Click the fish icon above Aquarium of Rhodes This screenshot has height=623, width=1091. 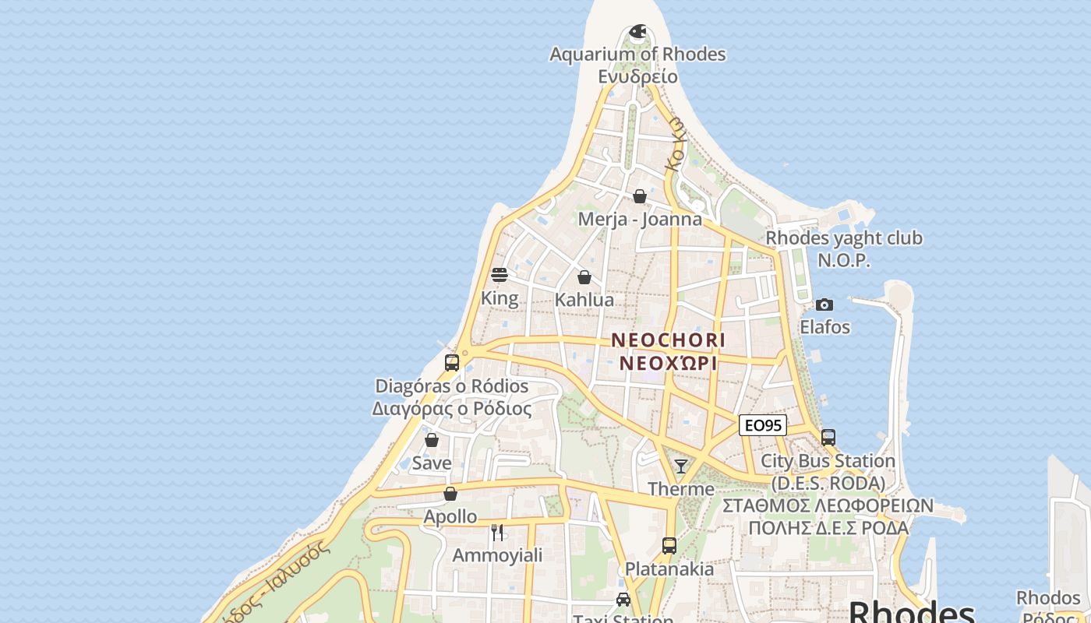(637, 32)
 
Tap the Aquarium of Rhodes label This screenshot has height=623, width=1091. (637, 55)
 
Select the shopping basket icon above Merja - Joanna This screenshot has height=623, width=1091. (640, 196)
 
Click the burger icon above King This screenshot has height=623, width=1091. (500, 275)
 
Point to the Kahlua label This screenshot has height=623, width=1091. (584, 300)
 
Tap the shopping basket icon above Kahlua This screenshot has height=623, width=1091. (584, 277)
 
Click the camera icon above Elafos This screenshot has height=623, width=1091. (824, 304)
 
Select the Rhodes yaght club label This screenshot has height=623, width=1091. (844, 238)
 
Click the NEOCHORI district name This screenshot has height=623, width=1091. (668, 340)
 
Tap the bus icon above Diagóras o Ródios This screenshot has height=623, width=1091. (452, 363)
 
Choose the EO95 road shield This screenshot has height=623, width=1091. (763, 425)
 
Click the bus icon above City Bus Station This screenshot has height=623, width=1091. (828, 438)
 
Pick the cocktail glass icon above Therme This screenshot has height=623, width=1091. (681, 466)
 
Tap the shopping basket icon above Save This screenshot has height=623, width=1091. (432, 440)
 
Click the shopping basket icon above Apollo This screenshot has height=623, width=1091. (450, 494)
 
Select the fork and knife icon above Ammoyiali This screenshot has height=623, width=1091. (497, 533)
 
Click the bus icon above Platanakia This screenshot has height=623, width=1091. (669, 546)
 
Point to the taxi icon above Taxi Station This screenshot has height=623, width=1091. (623, 600)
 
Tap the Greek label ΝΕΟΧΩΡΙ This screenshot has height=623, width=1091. (668, 364)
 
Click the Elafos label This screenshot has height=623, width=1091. (824, 327)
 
